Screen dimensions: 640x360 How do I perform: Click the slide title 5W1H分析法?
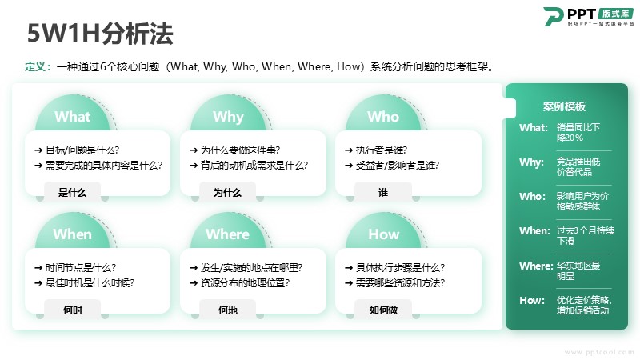click(x=101, y=34)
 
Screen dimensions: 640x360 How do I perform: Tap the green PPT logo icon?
click(x=553, y=16)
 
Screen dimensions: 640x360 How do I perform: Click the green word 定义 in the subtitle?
click(x=35, y=66)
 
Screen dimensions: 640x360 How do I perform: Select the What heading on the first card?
click(x=72, y=117)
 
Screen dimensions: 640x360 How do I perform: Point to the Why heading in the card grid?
click(x=228, y=117)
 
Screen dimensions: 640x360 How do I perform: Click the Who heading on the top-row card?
click(x=383, y=117)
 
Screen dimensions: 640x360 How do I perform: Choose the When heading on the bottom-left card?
click(x=72, y=234)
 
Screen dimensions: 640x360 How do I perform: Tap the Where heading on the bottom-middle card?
click(x=227, y=234)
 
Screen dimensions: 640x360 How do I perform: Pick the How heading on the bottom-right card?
click(x=383, y=234)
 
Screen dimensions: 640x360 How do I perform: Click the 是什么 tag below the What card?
click(x=72, y=193)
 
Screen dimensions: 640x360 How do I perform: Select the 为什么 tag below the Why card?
click(x=227, y=193)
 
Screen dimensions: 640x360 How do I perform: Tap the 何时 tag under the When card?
click(x=73, y=310)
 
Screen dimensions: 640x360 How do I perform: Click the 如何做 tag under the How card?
click(x=383, y=310)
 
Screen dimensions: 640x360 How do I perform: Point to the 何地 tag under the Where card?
click(x=228, y=310)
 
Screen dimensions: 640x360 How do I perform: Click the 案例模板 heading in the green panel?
click(x=564, y=106)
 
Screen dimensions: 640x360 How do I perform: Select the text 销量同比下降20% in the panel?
click(x=578, y=132)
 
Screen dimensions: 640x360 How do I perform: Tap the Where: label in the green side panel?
click(x=536, y=266)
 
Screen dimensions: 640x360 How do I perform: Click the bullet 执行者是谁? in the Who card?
click(x=382, y=150)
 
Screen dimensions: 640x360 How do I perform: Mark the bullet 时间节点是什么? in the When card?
click(x=81, y=268)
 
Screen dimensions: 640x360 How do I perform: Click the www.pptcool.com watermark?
click(x=599, y=352)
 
